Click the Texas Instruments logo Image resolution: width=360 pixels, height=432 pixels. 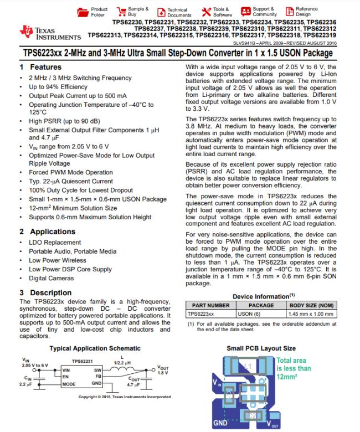coord(39,32)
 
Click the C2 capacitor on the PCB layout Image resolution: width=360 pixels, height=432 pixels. coord(252,415)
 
